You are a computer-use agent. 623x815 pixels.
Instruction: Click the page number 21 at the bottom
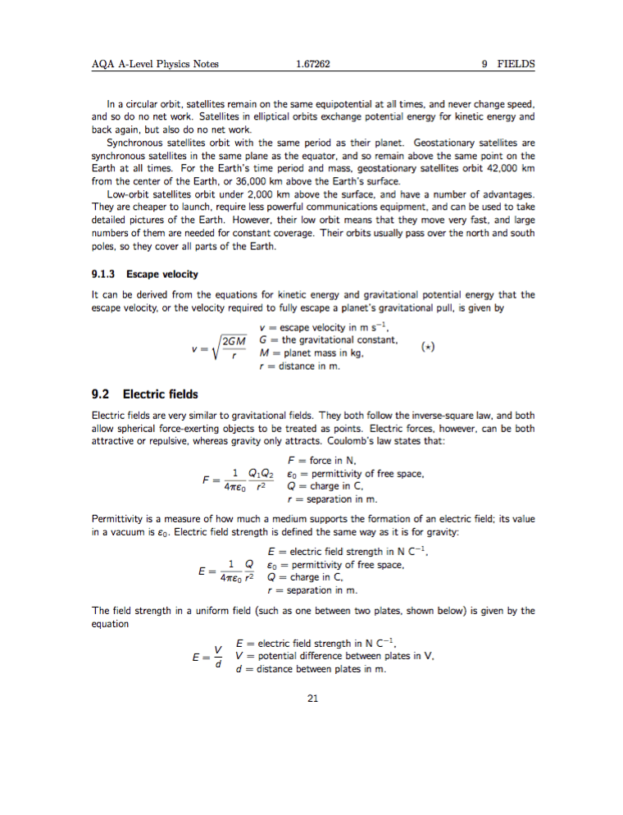311,699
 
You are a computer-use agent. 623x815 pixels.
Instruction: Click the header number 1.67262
311,64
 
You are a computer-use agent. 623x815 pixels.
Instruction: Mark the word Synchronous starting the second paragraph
135,142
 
